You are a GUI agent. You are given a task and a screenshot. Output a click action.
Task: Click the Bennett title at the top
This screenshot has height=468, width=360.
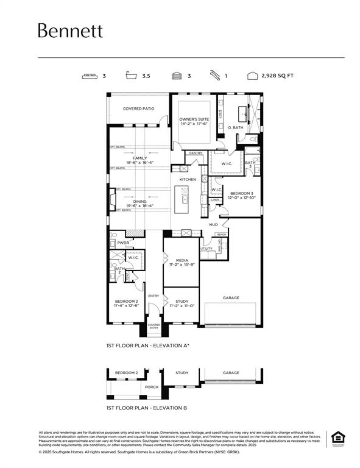70,31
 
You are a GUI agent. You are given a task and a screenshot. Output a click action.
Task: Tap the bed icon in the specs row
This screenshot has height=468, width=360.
90,76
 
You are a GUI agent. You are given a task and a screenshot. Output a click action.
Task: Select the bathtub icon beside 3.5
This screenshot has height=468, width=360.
130,76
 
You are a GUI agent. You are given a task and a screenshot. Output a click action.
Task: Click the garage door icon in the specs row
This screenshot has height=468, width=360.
176,76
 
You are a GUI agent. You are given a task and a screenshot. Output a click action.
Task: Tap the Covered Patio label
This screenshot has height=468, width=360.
138,108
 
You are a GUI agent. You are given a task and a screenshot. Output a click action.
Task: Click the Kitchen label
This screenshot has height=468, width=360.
188,179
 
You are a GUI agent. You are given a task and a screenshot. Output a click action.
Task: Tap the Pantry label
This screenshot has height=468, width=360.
196,153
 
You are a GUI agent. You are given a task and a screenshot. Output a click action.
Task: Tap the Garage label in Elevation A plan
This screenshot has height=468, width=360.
231,298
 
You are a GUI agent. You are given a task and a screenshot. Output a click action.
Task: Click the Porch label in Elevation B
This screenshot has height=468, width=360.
152,386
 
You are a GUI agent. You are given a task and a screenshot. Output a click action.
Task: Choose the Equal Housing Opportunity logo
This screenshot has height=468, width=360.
336,438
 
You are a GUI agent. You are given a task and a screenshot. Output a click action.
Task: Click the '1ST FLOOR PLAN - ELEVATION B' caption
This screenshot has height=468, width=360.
146,407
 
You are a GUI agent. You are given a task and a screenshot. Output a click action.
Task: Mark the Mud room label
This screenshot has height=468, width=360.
213,225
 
